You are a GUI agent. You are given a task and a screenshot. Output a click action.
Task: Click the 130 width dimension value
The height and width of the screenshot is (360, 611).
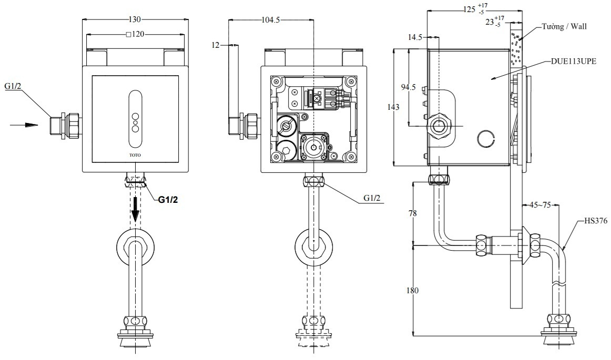click(x=135, y=19)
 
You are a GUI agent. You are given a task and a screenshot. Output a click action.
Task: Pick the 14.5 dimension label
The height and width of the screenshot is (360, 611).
click(x=414, y=37)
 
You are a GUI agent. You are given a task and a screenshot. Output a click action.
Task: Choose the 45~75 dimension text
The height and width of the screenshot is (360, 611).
click(x=539, y=205)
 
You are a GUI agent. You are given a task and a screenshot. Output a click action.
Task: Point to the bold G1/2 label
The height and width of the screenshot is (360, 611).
click(x=169, y=200)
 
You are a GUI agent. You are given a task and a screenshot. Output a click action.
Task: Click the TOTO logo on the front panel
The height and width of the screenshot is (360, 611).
click(x=135, y=155)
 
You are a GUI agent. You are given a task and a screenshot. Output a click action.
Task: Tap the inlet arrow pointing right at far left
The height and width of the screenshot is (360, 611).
click(x=25, y=125)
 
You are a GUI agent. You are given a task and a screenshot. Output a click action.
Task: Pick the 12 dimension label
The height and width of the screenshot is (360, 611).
click(x=215, y=45)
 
